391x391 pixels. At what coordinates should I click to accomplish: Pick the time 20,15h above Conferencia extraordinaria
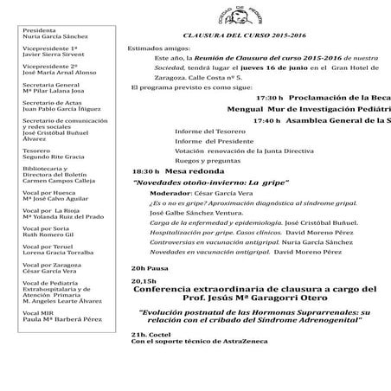(x=144, y=281)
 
